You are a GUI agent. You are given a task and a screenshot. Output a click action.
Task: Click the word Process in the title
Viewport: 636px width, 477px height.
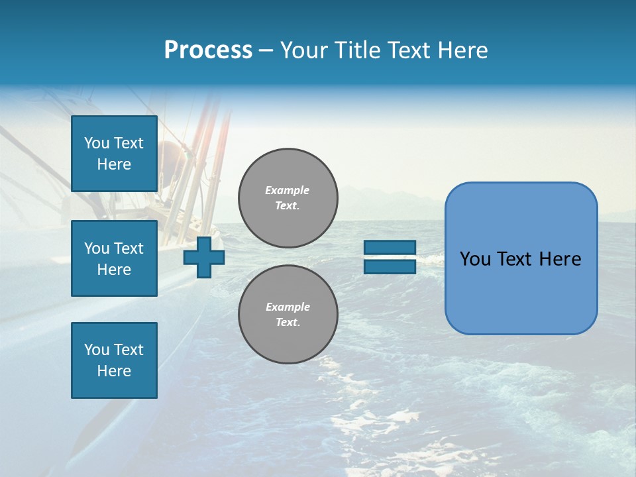[208, 50]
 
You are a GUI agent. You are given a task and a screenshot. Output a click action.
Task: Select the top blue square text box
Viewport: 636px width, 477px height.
[114, 154]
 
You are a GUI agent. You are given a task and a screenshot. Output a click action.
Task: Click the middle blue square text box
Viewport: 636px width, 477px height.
[114, 258]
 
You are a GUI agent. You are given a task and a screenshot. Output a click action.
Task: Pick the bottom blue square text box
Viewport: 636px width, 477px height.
[114, 360]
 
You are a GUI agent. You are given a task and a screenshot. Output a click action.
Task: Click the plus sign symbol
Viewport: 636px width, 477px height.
[204, 256]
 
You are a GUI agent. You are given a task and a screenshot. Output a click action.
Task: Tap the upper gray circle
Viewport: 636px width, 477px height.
[288, 197]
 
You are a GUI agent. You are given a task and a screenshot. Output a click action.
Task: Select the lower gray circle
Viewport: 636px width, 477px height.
[288, 314]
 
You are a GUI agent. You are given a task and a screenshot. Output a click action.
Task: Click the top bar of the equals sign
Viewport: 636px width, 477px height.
[390, 247]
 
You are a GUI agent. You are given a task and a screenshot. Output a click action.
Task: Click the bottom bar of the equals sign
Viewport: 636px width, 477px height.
[390, 266]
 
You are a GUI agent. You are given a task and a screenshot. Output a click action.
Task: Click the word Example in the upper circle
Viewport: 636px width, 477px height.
[288, 190]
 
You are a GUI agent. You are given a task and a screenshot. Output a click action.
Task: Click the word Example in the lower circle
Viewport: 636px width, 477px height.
[288, 307]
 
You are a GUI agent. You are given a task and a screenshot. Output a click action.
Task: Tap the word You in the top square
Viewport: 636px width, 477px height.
[97, 143]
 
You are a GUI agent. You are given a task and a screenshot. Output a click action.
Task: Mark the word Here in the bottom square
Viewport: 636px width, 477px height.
[114, 371]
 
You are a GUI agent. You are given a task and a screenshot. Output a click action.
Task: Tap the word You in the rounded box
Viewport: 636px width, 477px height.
[475, 259]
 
